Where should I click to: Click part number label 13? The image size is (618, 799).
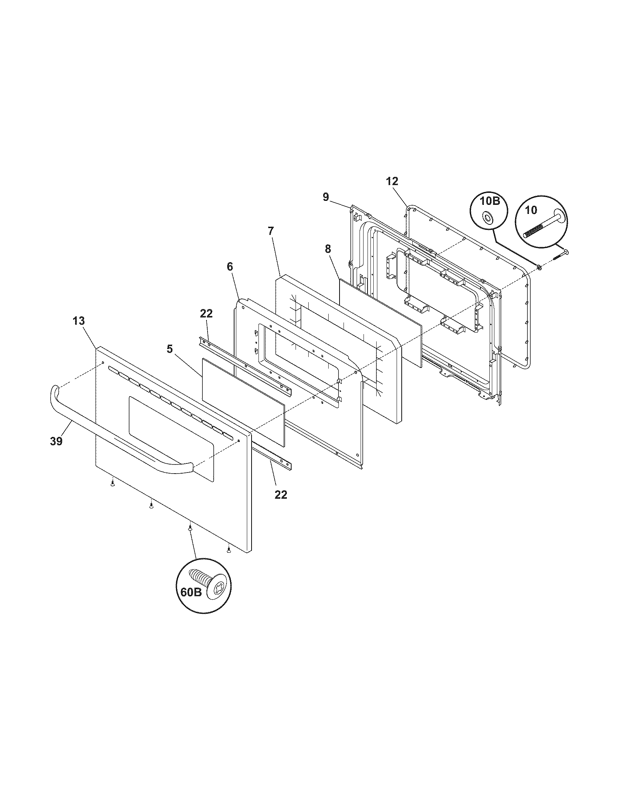point(79,321)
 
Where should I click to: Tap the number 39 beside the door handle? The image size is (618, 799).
point(56,441)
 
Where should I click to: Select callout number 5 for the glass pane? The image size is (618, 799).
point(169,349)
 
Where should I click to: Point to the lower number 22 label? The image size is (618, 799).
point(281,495)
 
